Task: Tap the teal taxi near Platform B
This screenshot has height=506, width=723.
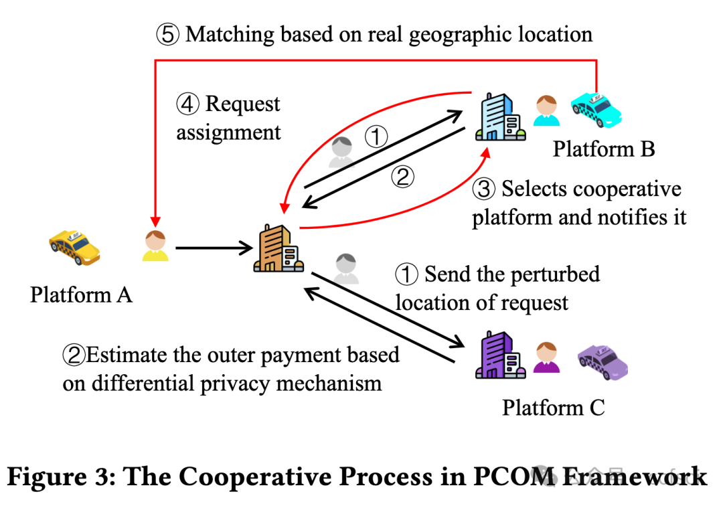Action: click(x=596, y=109)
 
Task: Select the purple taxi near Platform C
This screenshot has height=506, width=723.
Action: click(x=602, y=361)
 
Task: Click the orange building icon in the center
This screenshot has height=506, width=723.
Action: click(x=278, y=249)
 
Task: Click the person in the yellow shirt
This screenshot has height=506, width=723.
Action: click(x=156, y=246)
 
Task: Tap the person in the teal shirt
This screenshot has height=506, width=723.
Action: click(x=547, y=110)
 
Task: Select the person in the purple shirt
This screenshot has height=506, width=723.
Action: click(x=547, y=357)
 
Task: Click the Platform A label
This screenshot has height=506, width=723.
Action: click(x=81, y=294)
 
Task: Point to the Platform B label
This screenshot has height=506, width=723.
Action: click(x=603, y=149)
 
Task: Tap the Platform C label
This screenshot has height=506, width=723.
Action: click(x=554, y=407)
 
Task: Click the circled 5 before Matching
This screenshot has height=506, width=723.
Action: click(x=168, y=35)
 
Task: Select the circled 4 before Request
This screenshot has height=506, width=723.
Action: click(x=188, y=104)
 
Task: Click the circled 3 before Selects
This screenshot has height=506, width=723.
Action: click(x=484, y=190)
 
